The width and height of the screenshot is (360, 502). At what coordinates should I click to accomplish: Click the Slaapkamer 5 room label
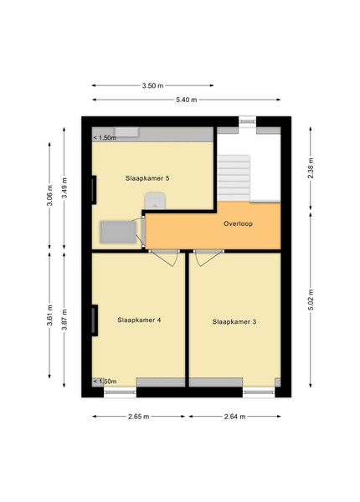(x=147, y=178)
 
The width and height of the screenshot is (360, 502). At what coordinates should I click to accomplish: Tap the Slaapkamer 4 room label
(x=139, y=320)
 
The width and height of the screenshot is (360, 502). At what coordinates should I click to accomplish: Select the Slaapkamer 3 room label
(x=234, y=322)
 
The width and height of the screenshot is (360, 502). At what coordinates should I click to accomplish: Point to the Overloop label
(x=238, y=223)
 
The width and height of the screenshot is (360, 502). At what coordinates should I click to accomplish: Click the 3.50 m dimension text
(x=152, y=85)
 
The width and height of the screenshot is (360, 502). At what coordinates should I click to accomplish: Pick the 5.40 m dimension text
(x=187, y=100)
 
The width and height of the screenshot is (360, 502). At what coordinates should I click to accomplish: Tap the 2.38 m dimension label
(x=311, y=168)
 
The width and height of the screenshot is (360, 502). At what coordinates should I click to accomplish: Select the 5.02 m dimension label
(x=311, y=300)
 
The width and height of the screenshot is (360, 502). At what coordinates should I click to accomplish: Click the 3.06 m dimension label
(x=49, y=196)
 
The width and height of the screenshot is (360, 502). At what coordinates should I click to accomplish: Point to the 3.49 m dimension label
(x=64, y=187)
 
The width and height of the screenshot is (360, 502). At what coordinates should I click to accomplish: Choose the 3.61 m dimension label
(x=49, y=315)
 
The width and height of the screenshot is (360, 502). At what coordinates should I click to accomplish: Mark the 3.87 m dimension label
(x=64, y=320)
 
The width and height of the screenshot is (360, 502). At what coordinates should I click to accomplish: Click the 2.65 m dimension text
(x=139, y=417)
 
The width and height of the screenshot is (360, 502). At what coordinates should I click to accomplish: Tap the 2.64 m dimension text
(x=234, y=417)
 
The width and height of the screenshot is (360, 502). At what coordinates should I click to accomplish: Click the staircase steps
(x=234, y=178)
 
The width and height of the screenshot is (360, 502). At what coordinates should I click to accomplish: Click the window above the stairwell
(x=247, y=121)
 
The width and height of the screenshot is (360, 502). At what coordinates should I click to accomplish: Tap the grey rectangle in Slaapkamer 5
(x=118, y=232)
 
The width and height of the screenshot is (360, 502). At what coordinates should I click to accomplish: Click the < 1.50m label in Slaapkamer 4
(x=105, y=382)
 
